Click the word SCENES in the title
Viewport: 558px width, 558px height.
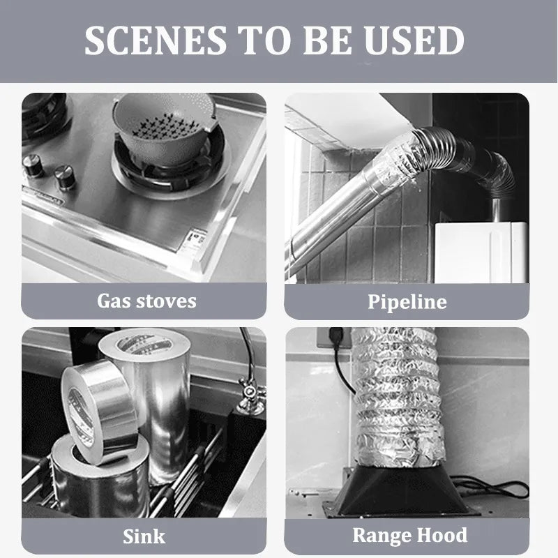(156, 40)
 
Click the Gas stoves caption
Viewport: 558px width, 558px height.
(146, 301)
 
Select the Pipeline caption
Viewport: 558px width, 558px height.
(407, 302)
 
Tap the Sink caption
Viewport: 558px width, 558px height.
(144, 536)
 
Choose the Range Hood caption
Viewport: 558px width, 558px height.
(410, 535)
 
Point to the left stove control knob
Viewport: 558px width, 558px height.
(33, 165)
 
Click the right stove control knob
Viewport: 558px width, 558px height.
(65, 176)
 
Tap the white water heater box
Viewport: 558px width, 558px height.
(481, 252)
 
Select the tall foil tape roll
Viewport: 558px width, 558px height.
(149, 402)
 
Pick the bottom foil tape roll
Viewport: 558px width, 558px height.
(100, 477)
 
